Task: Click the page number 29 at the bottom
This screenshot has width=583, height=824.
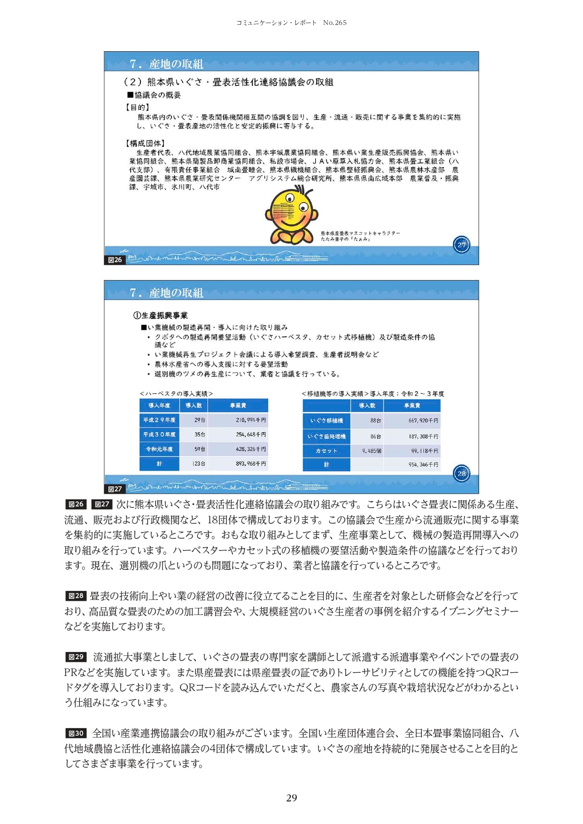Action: click(291, 798)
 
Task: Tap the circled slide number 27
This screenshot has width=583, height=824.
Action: click(461, 245)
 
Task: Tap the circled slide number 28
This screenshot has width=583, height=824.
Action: click(461, 474)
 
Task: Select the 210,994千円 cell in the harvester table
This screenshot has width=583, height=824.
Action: click(250, 420)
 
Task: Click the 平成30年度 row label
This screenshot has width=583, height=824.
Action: click(159, 435)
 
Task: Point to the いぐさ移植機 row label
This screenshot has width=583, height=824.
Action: click(326, 421)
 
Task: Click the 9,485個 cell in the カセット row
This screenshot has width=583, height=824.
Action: click(372, 451)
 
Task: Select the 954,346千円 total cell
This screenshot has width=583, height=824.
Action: click(423, 465)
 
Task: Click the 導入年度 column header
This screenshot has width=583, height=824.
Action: click(159, 405)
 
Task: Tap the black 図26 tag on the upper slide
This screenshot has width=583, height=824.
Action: click(115, 260)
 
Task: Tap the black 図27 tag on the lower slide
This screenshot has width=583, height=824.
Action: click(115, 489)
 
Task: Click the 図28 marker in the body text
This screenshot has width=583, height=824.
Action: click(76, 596)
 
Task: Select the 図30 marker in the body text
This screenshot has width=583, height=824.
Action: click(76, 733)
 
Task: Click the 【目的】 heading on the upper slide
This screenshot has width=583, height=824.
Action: click(137, 108)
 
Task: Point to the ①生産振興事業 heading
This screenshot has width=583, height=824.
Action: click(161, 316)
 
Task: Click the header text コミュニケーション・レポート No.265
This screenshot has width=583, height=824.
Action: click(291, 23)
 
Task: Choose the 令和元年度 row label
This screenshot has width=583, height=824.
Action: click(159, 449)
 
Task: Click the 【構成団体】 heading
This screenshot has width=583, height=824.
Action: click(145, 143)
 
